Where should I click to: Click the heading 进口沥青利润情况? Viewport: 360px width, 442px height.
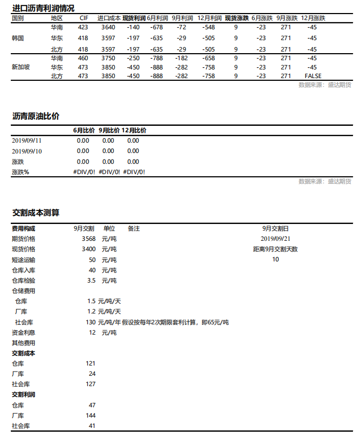(43, 8)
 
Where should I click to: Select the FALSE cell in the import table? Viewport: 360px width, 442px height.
(313, 76)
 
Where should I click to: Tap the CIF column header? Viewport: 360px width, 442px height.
(83, 18)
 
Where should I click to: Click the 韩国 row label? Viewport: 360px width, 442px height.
(18, 38)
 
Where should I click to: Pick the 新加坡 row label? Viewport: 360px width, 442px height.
(21, 67)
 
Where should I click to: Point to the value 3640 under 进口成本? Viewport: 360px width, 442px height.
(108, 27)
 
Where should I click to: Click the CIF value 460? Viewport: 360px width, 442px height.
(83, 58)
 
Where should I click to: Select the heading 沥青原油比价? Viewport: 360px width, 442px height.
(36, 116)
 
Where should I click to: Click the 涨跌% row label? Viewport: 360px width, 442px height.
(21, 172)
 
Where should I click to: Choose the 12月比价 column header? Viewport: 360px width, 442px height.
(134, 130)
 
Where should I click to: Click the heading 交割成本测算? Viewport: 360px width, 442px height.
(36, 213)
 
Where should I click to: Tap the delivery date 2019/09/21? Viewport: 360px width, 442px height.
(275, 239)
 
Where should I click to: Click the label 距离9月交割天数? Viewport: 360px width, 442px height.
(275, 249)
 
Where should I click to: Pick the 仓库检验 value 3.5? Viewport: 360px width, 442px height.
(91, 280)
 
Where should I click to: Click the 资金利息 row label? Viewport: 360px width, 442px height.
(23, 332)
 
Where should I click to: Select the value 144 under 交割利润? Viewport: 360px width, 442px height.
(91, 415)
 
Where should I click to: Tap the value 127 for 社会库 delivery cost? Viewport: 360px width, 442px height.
(91, 384)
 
